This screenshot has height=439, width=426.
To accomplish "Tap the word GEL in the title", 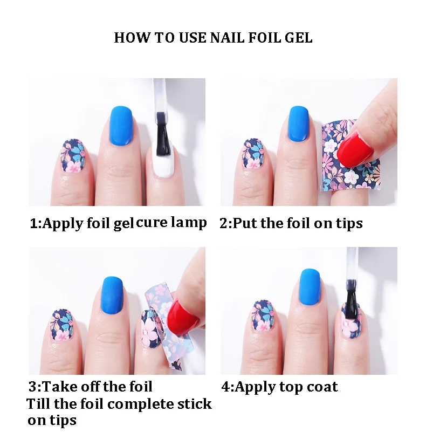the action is coord(298,38).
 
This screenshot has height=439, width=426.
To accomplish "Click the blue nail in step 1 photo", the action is coord(121,126).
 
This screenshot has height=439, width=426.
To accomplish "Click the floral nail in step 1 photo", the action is coord(72,156).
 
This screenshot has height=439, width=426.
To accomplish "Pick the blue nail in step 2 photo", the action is coord(299,124).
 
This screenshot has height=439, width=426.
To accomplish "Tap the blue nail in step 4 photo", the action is coord(310,286).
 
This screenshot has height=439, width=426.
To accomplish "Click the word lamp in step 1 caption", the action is coord(189,223).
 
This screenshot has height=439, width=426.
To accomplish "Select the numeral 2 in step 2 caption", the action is coord(224,223).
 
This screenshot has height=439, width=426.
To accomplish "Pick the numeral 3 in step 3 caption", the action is coord(32,387).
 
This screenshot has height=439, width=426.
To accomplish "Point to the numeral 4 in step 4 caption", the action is coord(225,387).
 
